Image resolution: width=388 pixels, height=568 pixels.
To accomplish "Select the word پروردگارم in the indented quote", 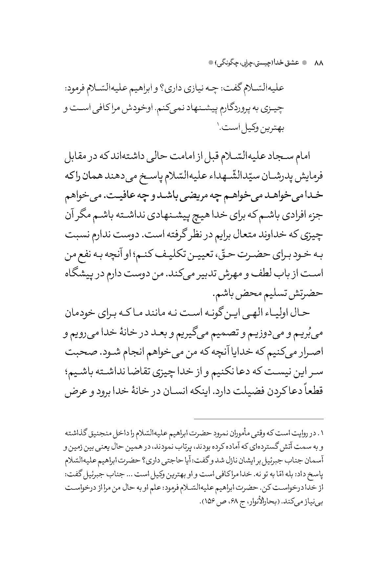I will pyautogui.click(x=237, y=108).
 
